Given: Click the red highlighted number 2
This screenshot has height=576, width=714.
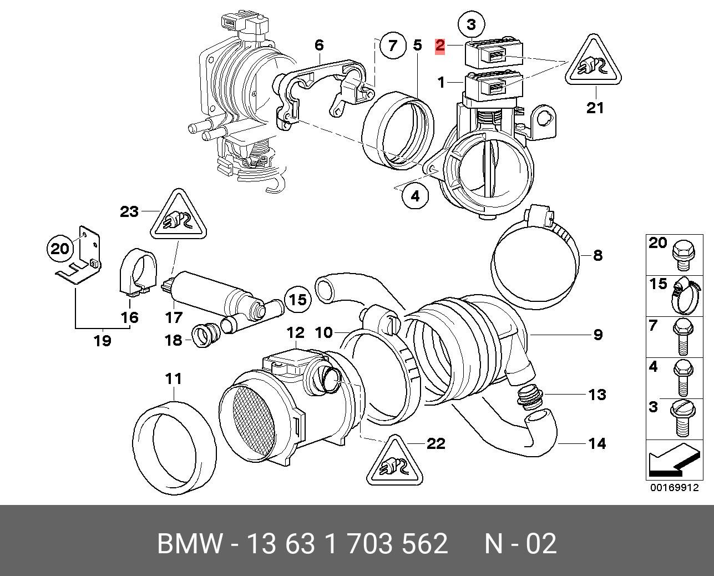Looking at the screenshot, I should click(x=440, y=46).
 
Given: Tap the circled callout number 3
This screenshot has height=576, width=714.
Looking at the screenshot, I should click(x=471, y=24).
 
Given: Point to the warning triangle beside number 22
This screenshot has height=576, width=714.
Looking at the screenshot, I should click(x=394, y=462).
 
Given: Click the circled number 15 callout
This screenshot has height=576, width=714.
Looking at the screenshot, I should click(x=298, y=300).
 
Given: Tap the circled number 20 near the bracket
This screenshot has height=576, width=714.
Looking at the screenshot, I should click(x=60, y=249).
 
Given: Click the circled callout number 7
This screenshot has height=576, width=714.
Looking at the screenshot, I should click(x=393, y=45).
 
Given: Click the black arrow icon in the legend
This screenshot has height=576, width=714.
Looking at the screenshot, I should click(x=672, y=462).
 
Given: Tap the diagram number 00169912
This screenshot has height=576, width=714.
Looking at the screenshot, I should click(x=674, y=488).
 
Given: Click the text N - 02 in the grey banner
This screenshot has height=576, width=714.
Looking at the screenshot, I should click(x=520, y=544).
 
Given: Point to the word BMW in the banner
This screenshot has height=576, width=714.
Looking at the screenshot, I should click(x=190, y=544).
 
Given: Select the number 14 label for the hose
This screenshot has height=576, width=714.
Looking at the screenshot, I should click(x=596, y=443).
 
